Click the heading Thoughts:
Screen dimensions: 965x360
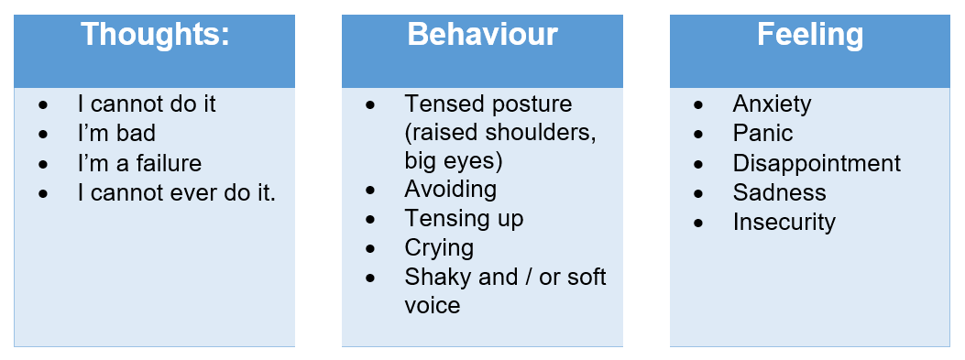pyautogui.click(x=155, y=34)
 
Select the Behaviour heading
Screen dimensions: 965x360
pyautogui.click(x=482, y=34)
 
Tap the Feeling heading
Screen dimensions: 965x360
pyautogui.click(x=810, y=35)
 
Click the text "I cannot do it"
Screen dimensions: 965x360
pyautogui.click(x=147, y=104)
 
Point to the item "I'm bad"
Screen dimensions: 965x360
pyautogui.click(x=116, y=133)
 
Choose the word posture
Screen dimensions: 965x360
pyautogui.click(x=531, y=104)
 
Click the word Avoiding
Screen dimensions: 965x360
pyautogui.click(x=451, y=190)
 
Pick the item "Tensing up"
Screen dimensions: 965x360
pyautogui.click(x=464, y=219)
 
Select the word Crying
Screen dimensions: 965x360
pyautogui.click(x=439, y=248)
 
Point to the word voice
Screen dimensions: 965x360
pyautogui.click(x=432, y=306)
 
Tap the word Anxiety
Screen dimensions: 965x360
pyautogui.click(x=772, y=104)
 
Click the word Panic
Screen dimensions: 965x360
pyautogui.click(x=762, y=133)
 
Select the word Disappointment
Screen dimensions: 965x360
pyautogui.click(x=817, y=164)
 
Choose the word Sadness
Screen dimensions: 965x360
pyautogui.click(x=779, y=192)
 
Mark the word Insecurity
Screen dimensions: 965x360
pyautogui.click(x=784, y=223)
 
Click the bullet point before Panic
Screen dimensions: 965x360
pyautogui.click(x=698, y=135)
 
